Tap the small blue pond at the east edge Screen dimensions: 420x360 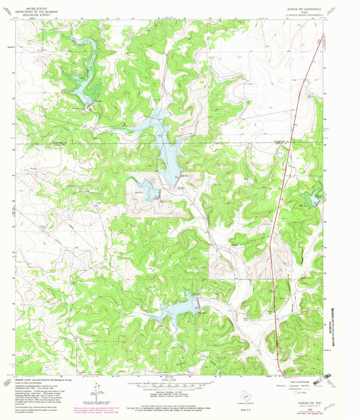coord(313,197)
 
